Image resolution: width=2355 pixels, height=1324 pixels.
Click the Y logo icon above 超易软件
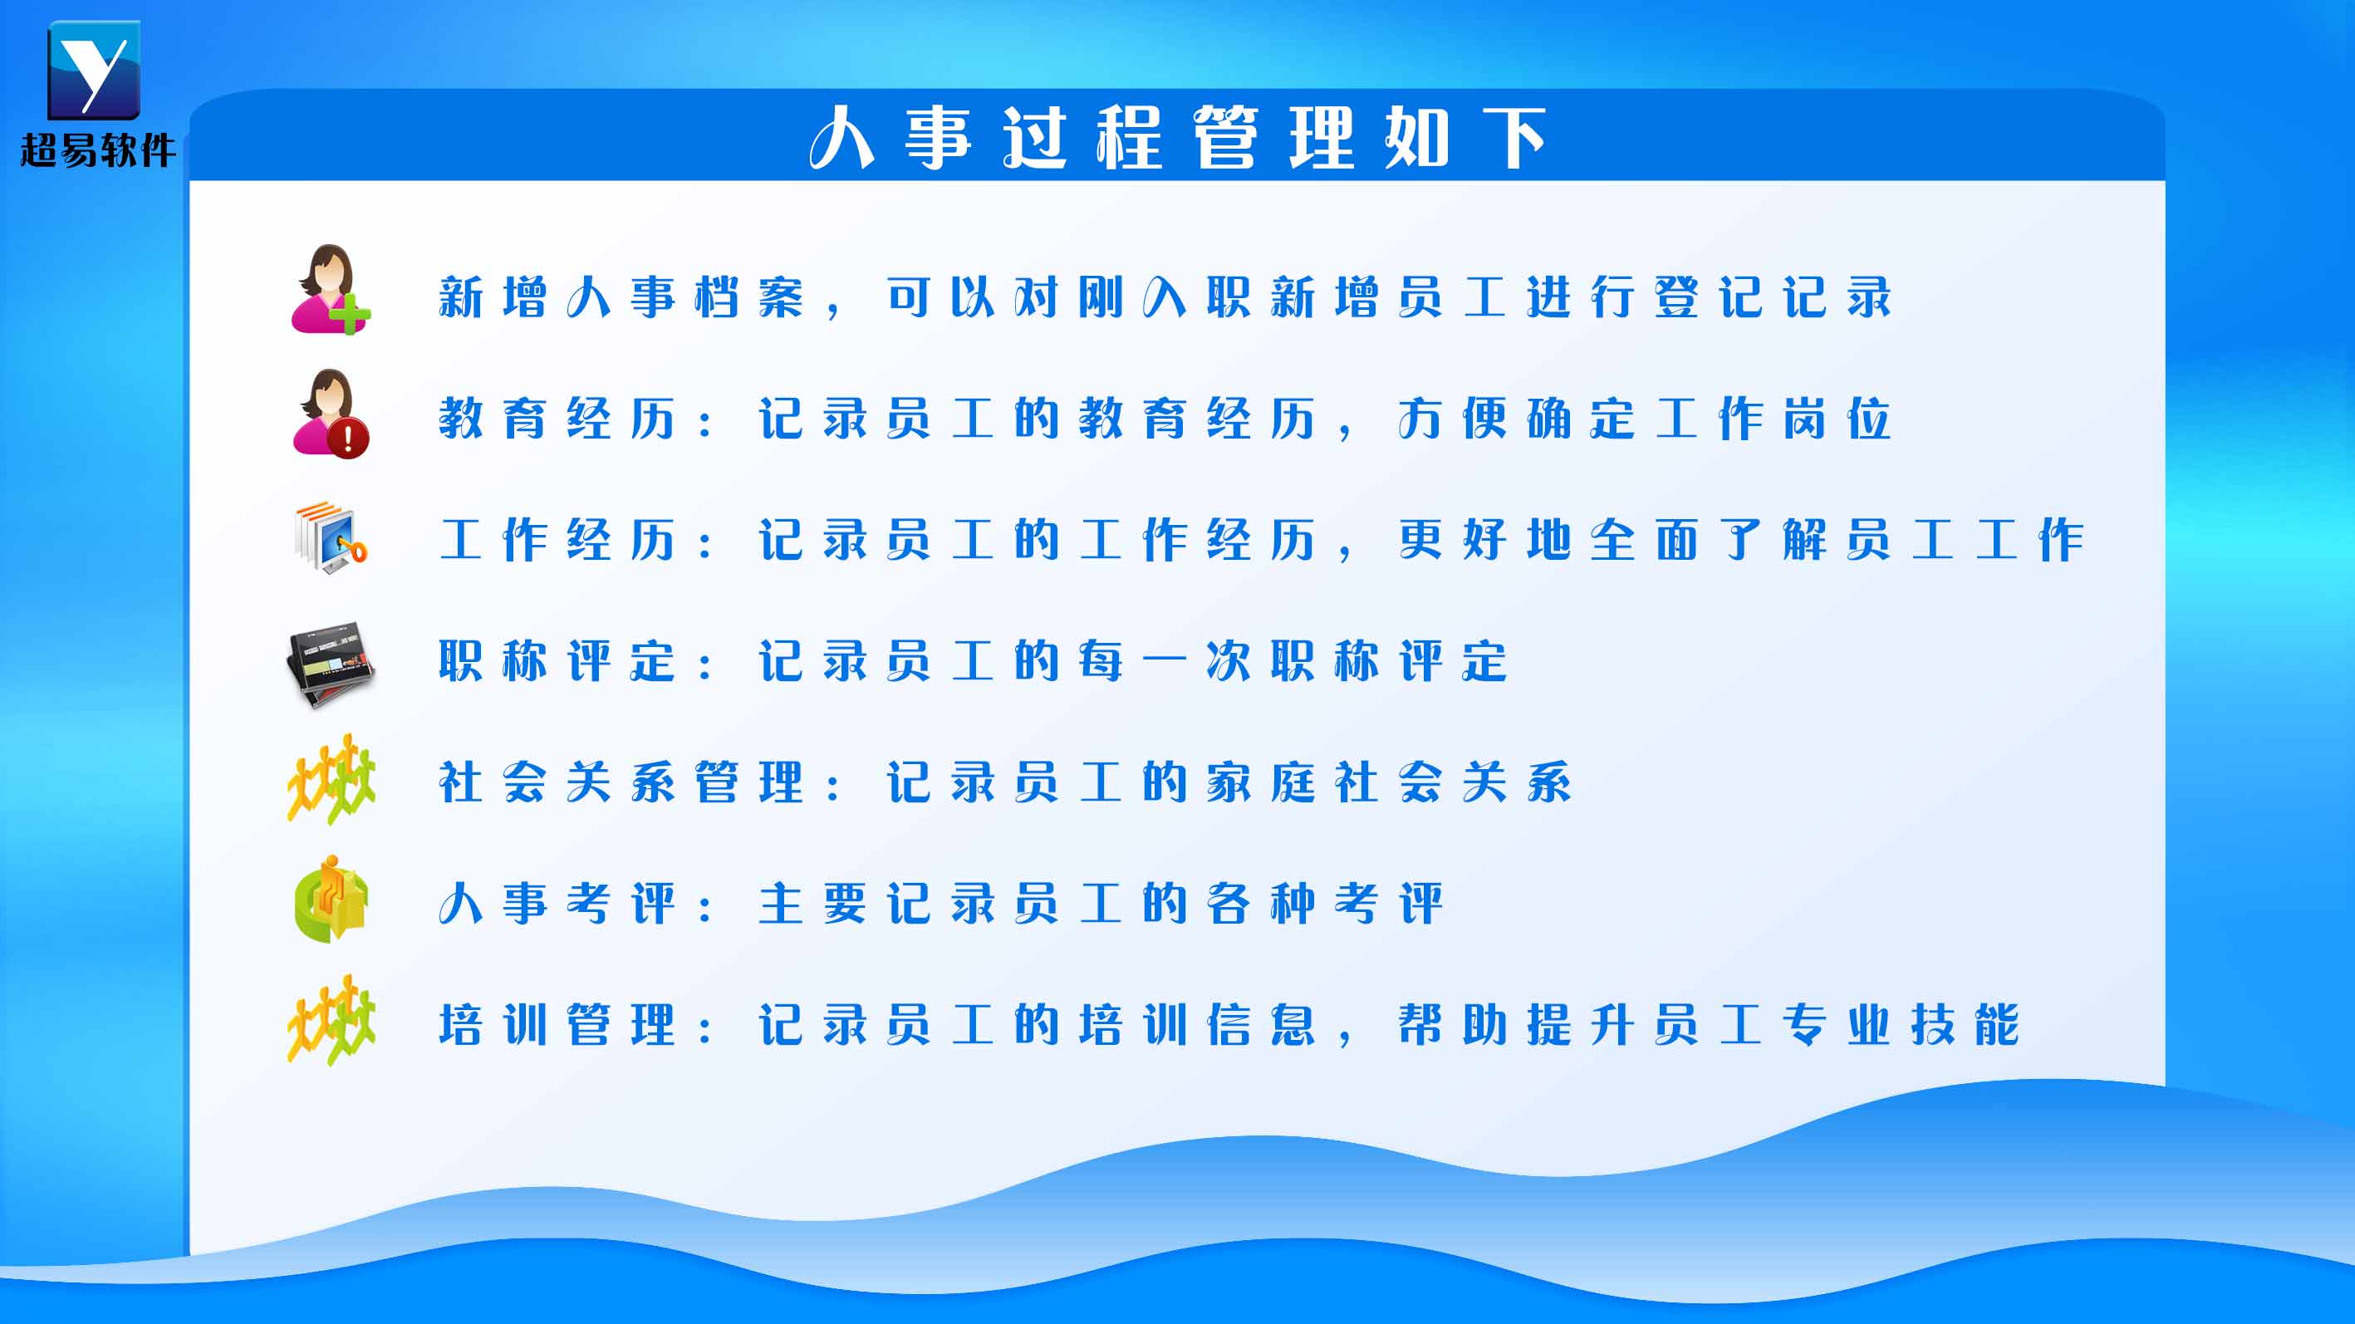coord(93,70)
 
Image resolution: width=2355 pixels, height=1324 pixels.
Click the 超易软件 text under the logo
coord(98,150)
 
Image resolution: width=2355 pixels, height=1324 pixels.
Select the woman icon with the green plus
coord(330,289)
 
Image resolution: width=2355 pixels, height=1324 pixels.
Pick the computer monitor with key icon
coord(331,537)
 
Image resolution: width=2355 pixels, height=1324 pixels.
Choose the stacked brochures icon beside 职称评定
coord(330,664)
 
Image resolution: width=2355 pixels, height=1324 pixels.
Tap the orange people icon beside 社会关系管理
coord(331,779)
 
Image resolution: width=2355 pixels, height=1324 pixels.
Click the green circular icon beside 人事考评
coord(331,900)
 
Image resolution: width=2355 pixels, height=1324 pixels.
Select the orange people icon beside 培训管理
coord(331,1021)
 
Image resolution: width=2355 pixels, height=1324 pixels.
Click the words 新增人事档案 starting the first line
coord(621,297)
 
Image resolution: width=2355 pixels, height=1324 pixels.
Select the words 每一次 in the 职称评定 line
coord(1165,661)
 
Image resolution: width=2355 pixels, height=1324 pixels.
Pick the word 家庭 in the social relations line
coord(1261,782)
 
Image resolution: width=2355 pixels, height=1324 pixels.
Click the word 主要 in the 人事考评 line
coord(812,904)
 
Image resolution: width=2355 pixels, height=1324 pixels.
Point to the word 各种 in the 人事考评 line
coord(1261,904)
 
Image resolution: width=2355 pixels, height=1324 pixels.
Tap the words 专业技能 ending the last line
coord(1901,1024)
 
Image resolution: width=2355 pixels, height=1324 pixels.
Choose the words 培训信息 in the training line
coord(1197,1024)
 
